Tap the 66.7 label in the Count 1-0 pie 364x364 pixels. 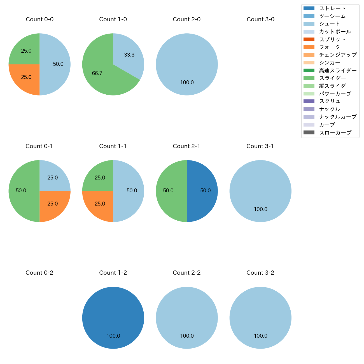point(97,73)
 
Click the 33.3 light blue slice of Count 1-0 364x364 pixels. point(129,55)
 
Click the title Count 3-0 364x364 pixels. point(260,19)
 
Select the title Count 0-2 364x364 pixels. point(39,273)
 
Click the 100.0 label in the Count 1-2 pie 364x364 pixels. point(113,336)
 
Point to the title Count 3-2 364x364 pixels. point(260,273)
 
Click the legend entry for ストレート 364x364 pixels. point(333,8)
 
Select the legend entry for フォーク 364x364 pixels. point(330,47)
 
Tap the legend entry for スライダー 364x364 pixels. point(333,78)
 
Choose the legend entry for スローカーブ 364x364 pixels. point(335,133)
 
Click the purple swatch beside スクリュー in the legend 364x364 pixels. point(309,101)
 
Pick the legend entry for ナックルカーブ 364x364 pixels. point(338,117)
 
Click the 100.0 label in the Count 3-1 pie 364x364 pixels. point(261,209)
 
